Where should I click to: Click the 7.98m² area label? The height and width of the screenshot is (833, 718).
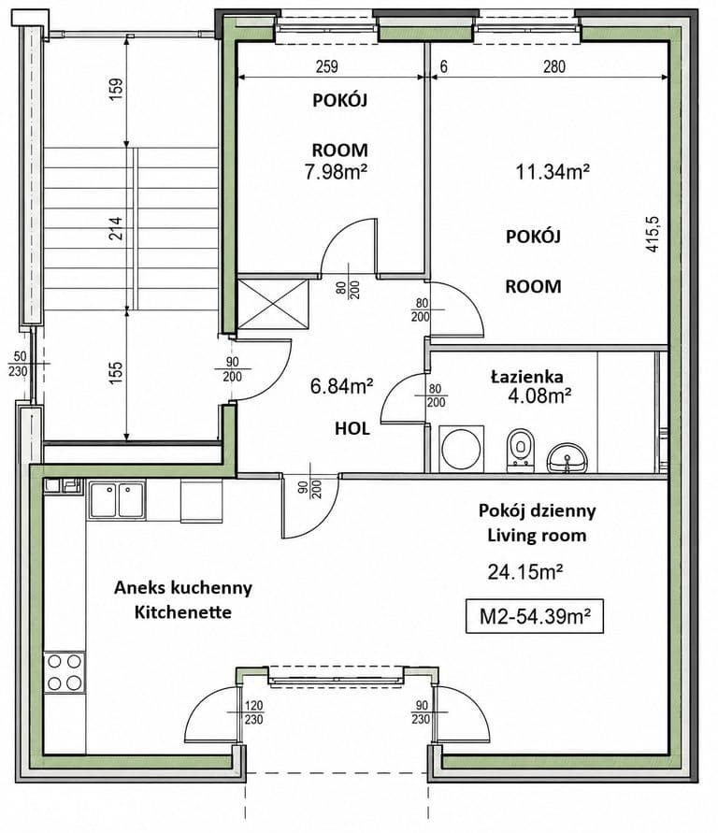pyautogui.click(x=337, y=172)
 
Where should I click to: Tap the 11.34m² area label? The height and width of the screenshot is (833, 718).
pyautogui.click(x=553, y=172)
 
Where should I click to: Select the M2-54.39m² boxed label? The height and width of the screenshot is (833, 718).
pyautogui.click(x=535, y=617)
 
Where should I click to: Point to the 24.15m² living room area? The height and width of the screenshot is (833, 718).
pyautogui.click(x=525, y=572)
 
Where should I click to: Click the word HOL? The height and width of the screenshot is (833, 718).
pyautogui.click(x=352, y=429)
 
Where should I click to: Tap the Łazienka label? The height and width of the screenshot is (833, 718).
pyautogui.click(x=527, y=377)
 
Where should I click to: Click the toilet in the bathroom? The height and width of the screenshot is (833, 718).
pyautogui.click(x=520, y=450)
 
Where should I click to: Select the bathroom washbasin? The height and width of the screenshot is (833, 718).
pyautogui.click(x=567, y=457)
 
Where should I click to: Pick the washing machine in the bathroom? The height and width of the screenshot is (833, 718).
pyautogui.click(x=461, y=449)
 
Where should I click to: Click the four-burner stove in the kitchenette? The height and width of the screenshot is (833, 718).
pyautogui.click(x=65, y=671)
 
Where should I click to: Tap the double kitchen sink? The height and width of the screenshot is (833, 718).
pyautogui.click(x=117, y=500)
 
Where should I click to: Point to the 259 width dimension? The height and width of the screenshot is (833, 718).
pyautogui.click(x=326, y=67)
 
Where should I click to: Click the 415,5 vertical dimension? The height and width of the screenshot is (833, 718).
pyautogui.click(x=652, y=234)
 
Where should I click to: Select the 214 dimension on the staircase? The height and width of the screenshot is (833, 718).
pyautogui.click(x=116, y=227)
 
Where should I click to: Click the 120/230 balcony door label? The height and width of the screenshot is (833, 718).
pyautogui.click(x=253, y=712)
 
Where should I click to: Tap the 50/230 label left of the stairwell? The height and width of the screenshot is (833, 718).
pyautogui.click(x=18, y=364)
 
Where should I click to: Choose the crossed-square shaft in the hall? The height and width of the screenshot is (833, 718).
pyautogui.click(x=272, y=303)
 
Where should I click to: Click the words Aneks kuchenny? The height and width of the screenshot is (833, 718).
pyautogui.click(x=183, y=587)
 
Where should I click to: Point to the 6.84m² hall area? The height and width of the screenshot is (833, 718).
pyautogui.click(x=341, y=386)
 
